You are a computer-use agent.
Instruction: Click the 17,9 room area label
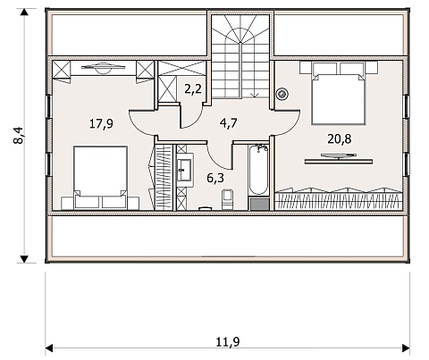[101, 123]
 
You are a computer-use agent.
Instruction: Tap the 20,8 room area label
[340, 138]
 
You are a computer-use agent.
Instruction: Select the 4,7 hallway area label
[229, 122]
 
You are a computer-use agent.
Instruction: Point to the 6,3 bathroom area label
[215, 178]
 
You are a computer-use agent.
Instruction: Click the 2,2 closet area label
[193, 88]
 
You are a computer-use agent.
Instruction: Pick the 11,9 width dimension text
[228, 342]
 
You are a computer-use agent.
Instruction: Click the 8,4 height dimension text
[19, 136]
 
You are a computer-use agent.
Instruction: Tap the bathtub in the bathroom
[258, 169]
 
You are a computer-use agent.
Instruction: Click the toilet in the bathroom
[228, 199]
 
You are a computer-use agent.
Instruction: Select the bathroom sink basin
[185, 170]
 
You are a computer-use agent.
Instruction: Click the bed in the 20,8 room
[339, 93]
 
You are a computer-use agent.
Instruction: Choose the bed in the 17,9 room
[100, 178]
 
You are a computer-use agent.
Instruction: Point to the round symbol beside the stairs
[282, 94]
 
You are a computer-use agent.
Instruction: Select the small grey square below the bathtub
[259, 204]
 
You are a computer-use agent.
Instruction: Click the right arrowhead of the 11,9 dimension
[406, 347]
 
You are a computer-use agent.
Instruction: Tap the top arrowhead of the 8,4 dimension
[24, 13]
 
